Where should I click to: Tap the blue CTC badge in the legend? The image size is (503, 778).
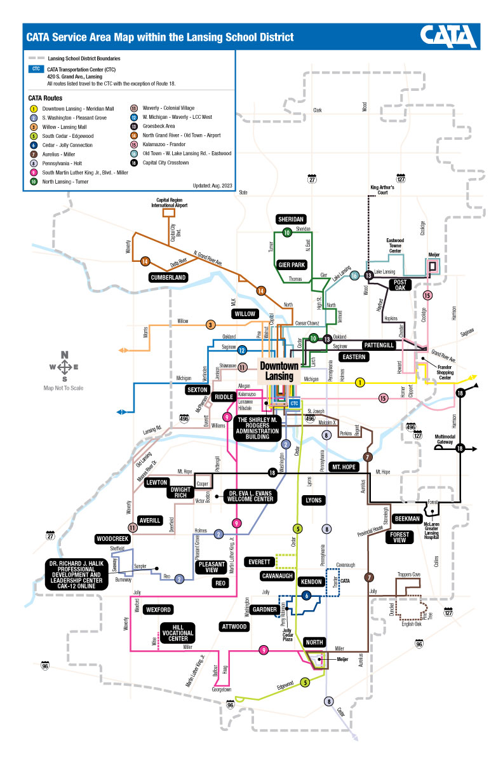click(36, 69)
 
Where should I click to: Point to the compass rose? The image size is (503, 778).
click(64, 367)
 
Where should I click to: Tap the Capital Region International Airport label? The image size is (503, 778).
click(169, 203)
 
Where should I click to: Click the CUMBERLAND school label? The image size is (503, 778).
click(168, 277)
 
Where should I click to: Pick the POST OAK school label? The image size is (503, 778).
click(400, 285)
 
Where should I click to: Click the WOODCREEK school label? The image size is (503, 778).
click(113, 539)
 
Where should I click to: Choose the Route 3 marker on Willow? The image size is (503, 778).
click(210, 325)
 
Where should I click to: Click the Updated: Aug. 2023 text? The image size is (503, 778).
click(208, 186)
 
